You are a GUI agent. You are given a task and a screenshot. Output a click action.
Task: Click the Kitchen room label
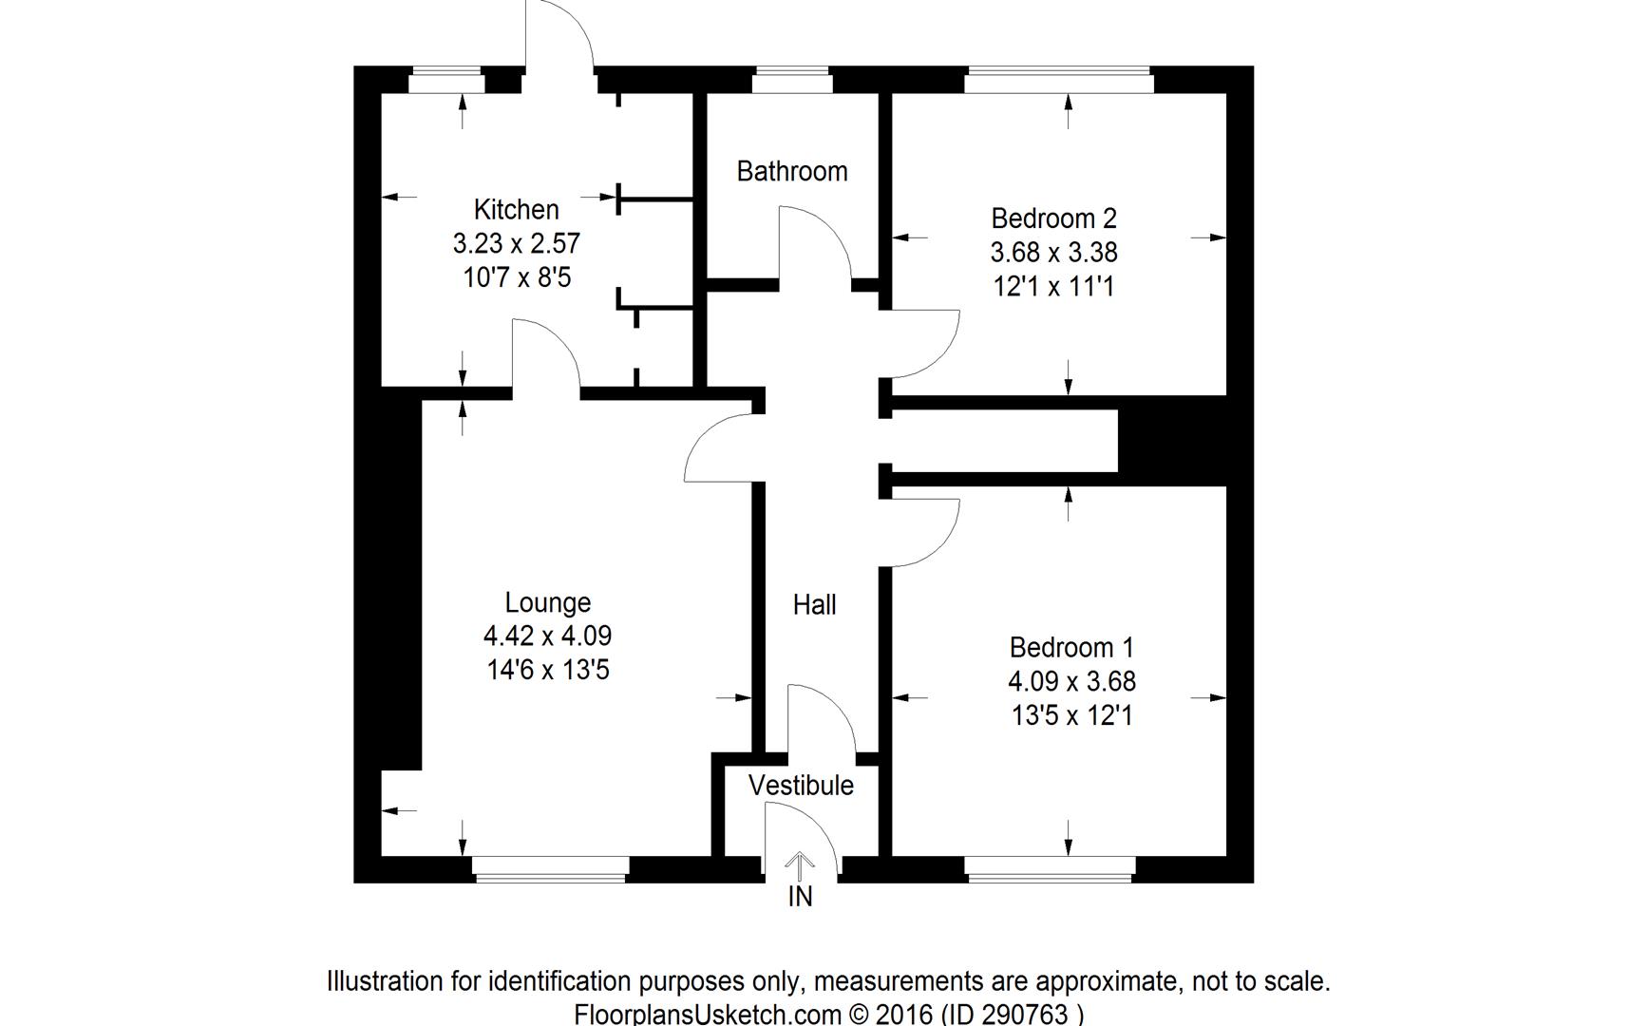coord(516,209)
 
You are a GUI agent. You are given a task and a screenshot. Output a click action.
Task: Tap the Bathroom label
coord(792,171)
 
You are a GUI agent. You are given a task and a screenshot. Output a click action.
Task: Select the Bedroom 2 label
coord(1053,218)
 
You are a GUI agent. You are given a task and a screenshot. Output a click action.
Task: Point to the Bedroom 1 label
coord(1071,648)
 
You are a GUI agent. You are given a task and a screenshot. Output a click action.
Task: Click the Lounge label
coord(548,602)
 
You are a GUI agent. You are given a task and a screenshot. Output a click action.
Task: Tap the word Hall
coord(814,605)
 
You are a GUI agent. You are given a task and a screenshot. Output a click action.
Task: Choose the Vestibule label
coord(801,786)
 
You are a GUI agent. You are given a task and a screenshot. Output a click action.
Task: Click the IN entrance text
coord(801,897)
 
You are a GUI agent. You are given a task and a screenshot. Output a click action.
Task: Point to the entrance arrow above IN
coord(801,865)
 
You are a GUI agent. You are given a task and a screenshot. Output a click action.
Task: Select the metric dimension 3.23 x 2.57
coord(516,243)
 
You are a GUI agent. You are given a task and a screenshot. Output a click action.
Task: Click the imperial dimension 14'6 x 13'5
coord(548,671)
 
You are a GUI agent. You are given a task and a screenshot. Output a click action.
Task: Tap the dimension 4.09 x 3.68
coord(1071,682)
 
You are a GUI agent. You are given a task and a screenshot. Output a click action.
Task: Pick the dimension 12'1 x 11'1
coord(1053,287)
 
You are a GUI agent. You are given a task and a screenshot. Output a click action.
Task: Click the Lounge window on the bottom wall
coord(551,867)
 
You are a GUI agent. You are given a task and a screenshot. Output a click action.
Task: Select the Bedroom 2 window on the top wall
coord(1059,81)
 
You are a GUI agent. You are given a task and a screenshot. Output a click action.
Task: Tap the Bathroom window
coord(792,81)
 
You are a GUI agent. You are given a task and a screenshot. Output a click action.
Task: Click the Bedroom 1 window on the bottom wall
coord(1050,867)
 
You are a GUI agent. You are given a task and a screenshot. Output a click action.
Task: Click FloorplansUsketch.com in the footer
coord(708,1015)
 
